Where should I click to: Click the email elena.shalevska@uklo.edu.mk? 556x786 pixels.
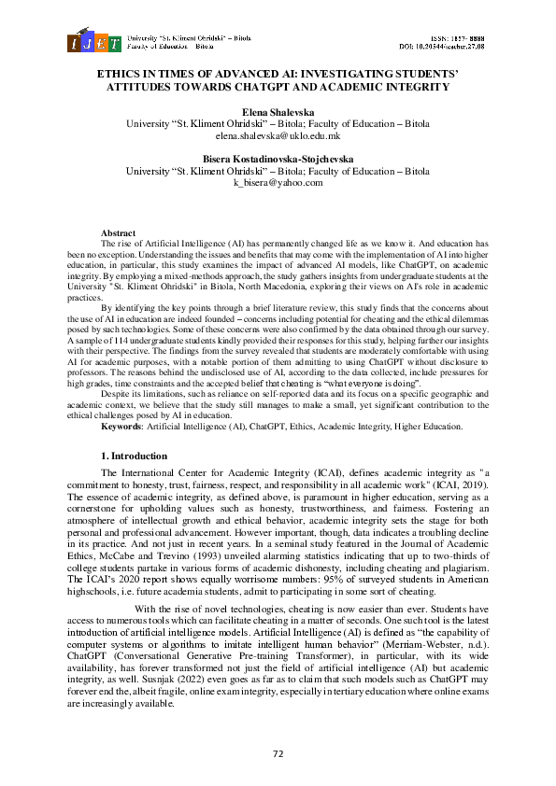[x=278, y=135]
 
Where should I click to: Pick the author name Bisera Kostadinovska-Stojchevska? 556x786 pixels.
[x=278, y=160]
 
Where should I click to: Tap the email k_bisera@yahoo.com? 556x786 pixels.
[x=278, y=184]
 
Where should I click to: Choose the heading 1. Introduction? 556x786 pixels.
[x=133, y=456]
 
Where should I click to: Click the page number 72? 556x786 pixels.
[x=278, y=752]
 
